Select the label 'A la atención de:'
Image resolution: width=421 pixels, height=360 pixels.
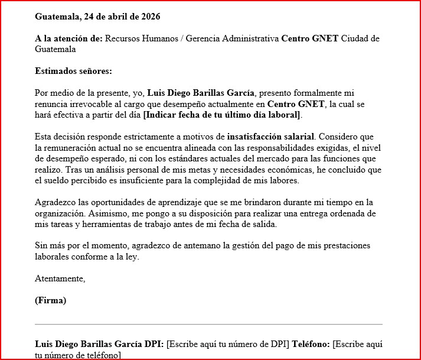pos(68,39)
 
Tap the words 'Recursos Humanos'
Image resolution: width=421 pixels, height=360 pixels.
pos(141,39)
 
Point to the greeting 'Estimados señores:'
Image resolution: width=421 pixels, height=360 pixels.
pos(73,72)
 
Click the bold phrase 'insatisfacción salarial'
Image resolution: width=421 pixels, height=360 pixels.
pos(271,137)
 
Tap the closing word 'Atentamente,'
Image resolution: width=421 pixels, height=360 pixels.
pos(60,278)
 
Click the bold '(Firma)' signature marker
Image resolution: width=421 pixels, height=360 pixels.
pos(51,300)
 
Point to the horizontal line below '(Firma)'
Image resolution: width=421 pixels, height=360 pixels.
pos(208,325)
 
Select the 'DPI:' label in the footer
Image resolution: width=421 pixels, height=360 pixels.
pos(155,344)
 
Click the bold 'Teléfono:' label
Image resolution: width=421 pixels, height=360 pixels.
pos(311,344)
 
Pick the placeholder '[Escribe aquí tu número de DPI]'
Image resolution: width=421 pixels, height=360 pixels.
pos(228,344)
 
